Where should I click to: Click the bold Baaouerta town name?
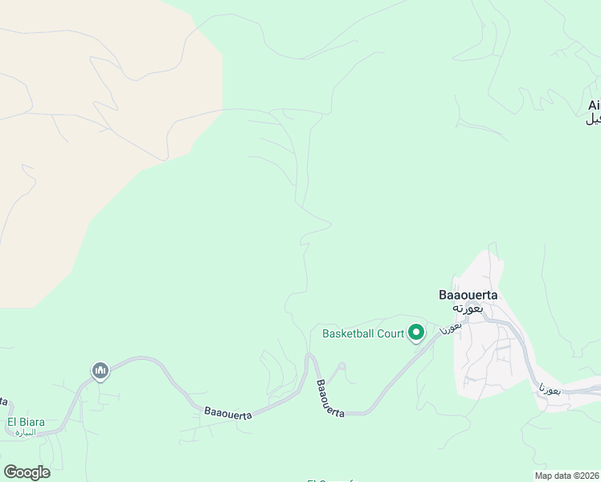[x=468, y=295]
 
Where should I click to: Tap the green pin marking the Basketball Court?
[x=416, y=332]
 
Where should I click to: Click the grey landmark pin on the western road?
[x=100, y=370]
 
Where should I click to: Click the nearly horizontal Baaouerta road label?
[x=228, y=413]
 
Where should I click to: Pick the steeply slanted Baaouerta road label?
[x=329, y=398]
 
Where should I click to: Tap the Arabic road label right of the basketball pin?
[x=451, y=327]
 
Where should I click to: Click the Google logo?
[x=27, y=472]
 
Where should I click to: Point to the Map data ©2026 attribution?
[x=567, y=476]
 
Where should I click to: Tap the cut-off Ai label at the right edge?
[x=594, y=105]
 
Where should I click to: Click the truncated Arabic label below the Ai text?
[x=594, y=119]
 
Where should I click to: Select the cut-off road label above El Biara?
[x=3, y=399]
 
